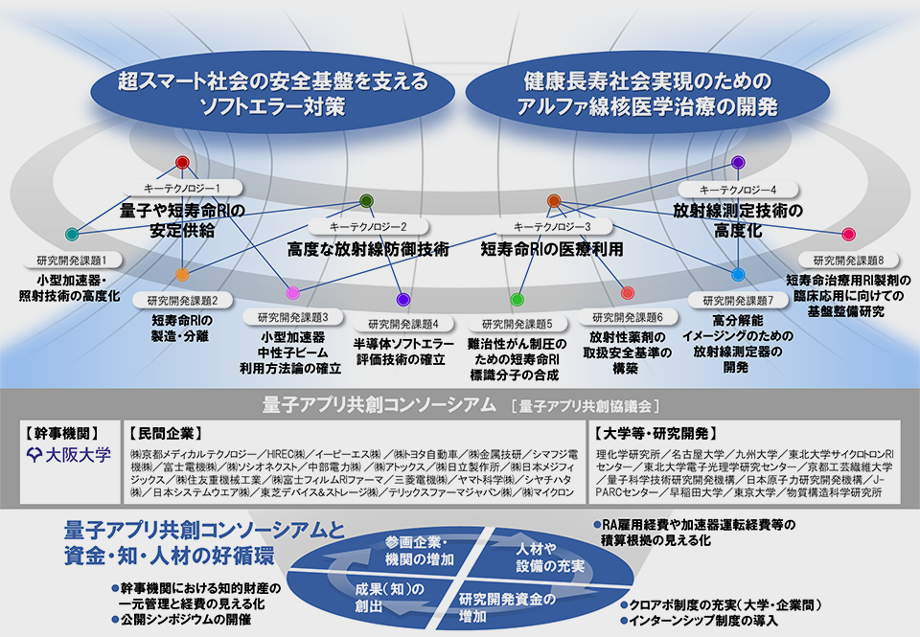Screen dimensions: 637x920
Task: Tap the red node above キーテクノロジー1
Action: [x=182, y=163]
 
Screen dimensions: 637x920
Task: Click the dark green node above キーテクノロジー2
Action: [x=366, y=201]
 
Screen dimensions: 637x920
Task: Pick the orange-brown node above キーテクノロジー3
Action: [x=553, y=201]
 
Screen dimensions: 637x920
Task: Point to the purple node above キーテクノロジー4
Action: [x=738, y=163]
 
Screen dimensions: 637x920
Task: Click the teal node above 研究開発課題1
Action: [x=71, y=234]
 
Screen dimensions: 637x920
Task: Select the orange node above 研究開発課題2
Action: [x=182, y=274]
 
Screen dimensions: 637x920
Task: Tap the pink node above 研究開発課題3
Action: [x=293, y=292]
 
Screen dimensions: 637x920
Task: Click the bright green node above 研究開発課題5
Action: [x=517, y=300]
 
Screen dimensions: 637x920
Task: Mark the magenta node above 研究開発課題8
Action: [x=848, y=234]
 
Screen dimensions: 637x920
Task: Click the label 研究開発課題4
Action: [x=403, y=323]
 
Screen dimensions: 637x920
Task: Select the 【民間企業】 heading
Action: [x=165, y=432]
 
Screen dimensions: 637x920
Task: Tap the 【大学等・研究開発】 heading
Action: [x=654, y=432]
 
